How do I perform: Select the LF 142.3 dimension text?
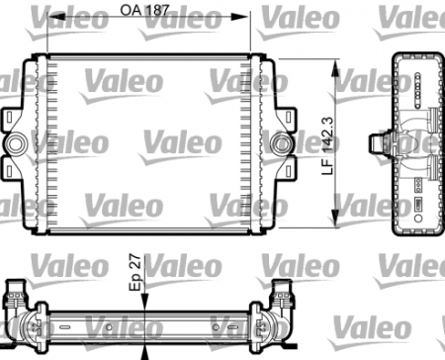pyautogui.click(x=330, y=143)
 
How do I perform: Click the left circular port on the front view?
pyautogui.click(x=18, y=145)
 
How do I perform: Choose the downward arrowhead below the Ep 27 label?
pyautogui.click(x=145, y=303)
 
